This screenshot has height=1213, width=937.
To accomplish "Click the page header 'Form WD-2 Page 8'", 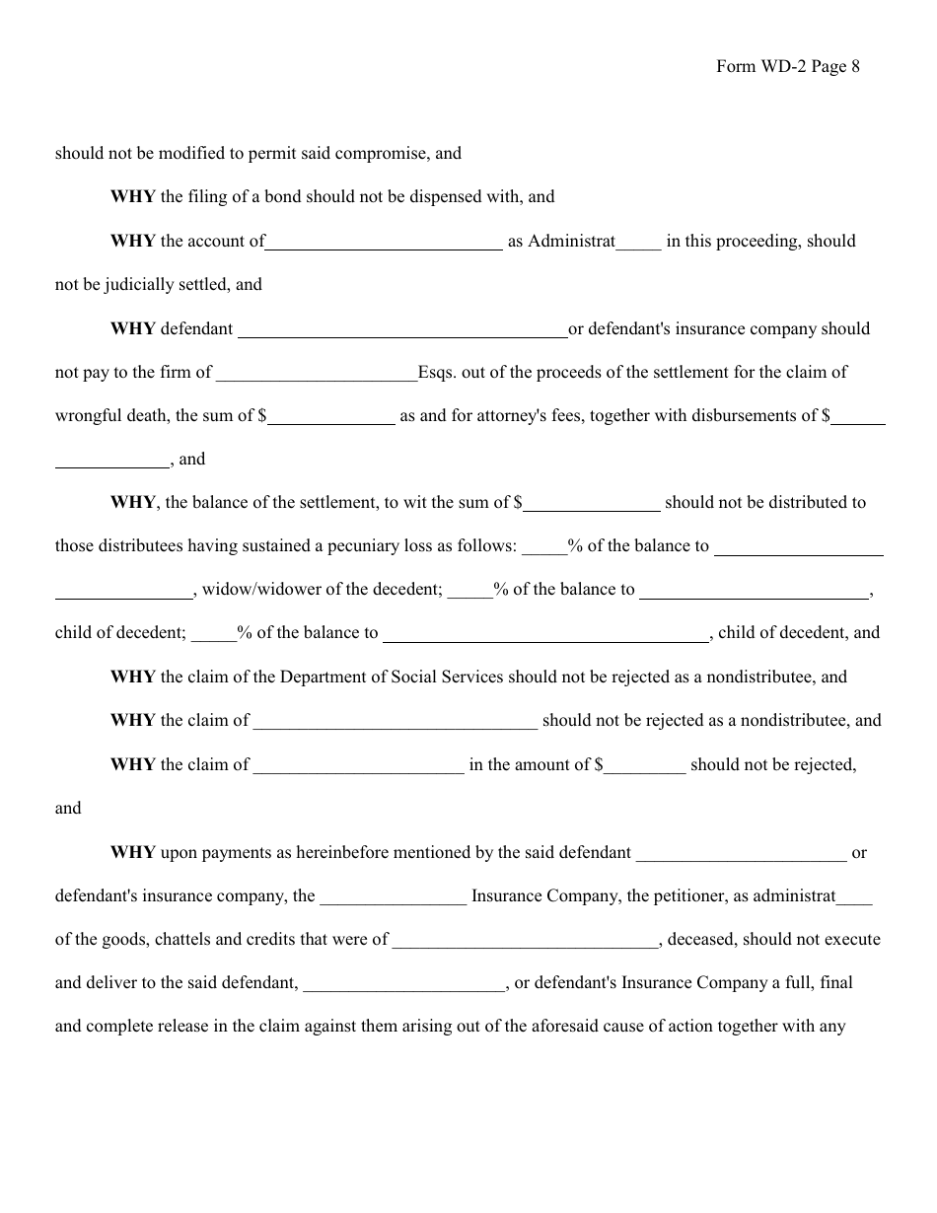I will pos(788,67).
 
